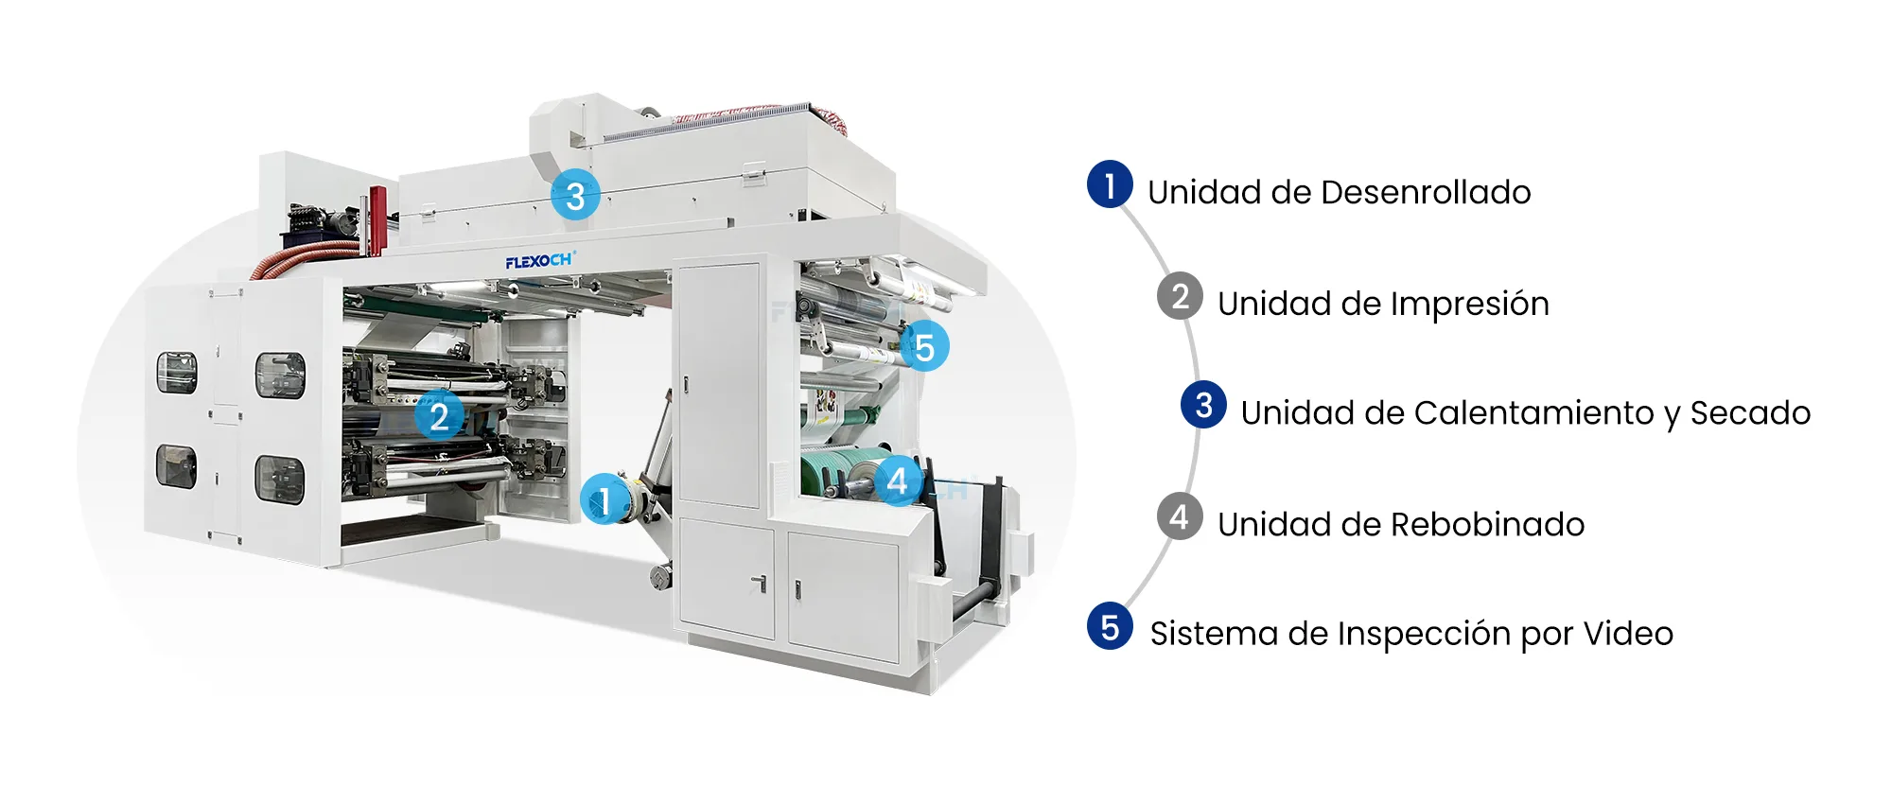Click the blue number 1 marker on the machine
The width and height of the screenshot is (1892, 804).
pos(604,499)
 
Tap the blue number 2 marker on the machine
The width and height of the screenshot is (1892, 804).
pos(439,416)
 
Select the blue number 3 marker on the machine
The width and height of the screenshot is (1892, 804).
pos(575,196)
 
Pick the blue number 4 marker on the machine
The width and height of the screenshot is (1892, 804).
pos(898,481)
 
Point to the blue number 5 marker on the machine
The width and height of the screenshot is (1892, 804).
pos(924,347)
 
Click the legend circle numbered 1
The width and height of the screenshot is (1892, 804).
pos(1110,184)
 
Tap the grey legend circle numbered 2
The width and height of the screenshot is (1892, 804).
pos(1180,296)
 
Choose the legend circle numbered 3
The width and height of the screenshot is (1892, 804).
pos(1203,405)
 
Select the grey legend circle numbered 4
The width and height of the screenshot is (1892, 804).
pos(1180,516)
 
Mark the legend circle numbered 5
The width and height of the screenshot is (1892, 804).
pos(1110,626)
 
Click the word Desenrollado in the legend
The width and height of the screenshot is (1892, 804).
pos(1426,192)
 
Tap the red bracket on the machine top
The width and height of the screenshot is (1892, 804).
pos(377,220)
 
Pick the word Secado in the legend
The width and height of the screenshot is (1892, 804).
pos(1750,412)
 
